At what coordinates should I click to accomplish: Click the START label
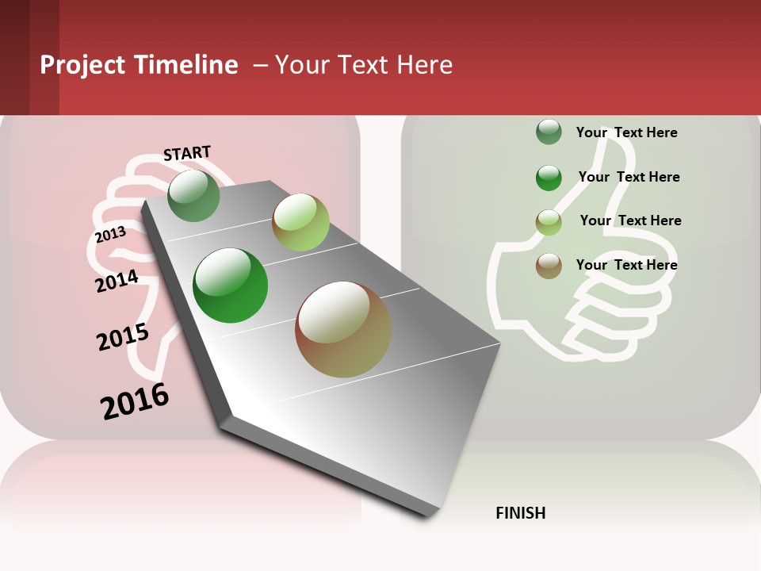[187, 153]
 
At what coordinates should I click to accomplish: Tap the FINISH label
[520, 513]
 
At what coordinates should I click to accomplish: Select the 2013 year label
[110, 235]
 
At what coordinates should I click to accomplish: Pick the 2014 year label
[117, 281]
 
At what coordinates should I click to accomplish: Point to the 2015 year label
[122, 337]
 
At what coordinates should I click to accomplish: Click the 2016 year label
[135, 401]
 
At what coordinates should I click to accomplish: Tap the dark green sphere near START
[193, 196]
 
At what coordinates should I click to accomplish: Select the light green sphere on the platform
[300, 222]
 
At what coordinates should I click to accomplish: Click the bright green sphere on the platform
[231, 285]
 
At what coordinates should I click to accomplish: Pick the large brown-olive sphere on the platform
[343, 329]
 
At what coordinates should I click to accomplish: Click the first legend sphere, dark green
[549, 132]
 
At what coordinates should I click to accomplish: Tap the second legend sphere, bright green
[549, 178]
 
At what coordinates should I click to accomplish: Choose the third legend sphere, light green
[549, 222]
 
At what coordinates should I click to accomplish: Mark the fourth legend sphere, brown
[549, 266]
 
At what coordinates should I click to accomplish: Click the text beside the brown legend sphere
[626, 265]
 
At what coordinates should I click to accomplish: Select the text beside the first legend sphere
[626, 132]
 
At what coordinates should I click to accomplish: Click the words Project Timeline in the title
[139, 65]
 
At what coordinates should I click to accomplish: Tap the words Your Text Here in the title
[364, 65]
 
